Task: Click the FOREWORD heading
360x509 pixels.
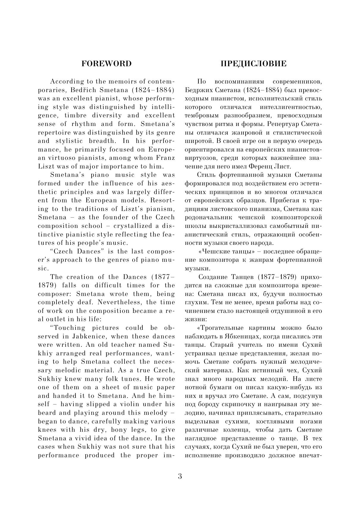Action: pos(106,64)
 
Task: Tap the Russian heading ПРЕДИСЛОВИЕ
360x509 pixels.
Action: pos(254,64)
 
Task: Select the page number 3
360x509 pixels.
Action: pos(180,476)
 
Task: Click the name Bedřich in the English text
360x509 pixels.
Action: pos(84,90)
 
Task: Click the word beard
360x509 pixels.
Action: pos(48,413)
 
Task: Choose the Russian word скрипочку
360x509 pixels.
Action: pos(242,404)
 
